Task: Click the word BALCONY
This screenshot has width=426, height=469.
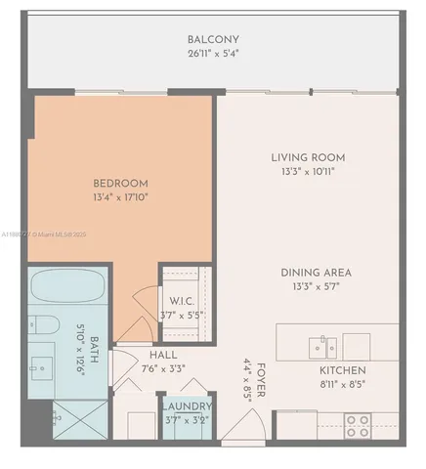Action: click(212, 40)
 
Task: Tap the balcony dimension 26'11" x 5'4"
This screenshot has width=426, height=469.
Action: click(212, 55)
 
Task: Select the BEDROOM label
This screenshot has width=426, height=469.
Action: click(120, 183)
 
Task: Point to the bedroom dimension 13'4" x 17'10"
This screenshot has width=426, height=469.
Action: click(120, 198)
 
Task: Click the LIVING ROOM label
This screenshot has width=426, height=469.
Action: click(308, 157)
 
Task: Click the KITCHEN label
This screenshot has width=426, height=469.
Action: click(342, 370)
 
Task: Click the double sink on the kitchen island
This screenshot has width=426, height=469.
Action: click(322, 344)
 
